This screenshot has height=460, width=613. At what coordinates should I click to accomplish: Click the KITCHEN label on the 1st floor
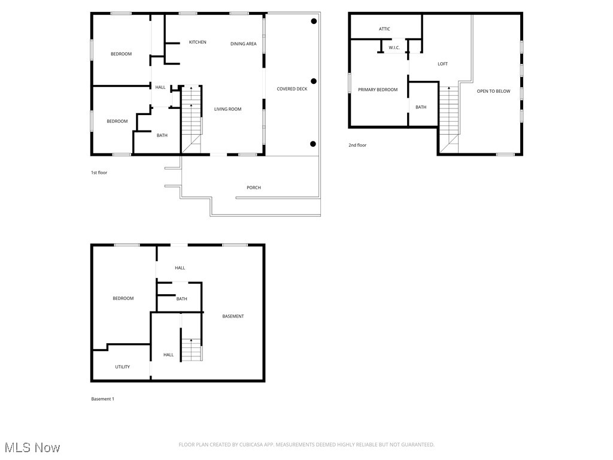198,42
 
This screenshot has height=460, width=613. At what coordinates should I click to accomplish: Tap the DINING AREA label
243,44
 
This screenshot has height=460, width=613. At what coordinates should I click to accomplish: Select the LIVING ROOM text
227,109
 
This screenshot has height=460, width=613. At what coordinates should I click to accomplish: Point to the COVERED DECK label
292,89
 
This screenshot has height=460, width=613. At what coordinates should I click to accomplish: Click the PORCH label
254,187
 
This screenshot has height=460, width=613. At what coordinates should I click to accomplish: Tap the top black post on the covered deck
314,21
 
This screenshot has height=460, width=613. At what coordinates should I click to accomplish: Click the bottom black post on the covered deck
312,144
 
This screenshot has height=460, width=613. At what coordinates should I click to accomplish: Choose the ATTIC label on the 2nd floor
384,29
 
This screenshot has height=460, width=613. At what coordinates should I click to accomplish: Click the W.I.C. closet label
394,48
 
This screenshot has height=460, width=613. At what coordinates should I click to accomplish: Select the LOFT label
442,63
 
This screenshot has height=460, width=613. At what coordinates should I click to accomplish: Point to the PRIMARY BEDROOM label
378,90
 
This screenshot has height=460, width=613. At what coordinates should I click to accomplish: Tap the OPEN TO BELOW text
493,91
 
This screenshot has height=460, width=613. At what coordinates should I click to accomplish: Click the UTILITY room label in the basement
122,367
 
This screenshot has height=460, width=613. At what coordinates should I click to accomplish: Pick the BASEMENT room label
233,316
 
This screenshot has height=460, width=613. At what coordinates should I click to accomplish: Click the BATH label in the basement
182,299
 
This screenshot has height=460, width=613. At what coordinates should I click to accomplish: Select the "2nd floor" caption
357,145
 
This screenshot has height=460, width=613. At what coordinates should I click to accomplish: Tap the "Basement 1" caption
102,399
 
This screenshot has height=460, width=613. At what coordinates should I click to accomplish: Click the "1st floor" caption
99,172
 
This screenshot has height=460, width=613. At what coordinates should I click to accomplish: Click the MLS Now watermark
32,447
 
